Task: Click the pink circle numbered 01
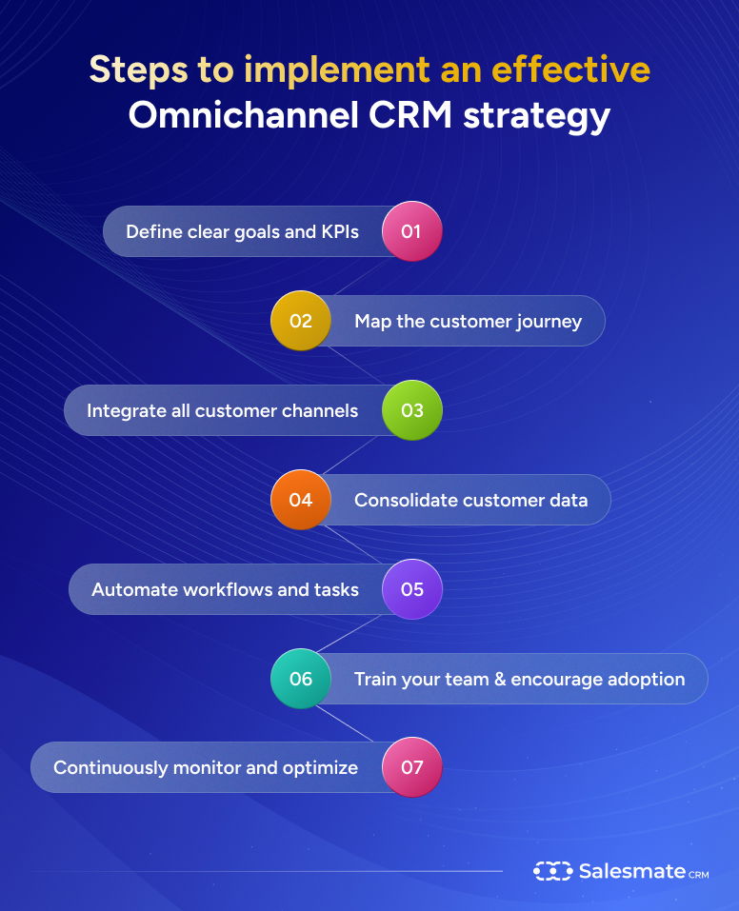(411, 231)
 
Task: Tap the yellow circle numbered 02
(301, 321)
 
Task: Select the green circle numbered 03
(411, 410)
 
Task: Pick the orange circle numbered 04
(301, 500)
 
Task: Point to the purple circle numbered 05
(411, 589)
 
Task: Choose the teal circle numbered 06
(301, 679)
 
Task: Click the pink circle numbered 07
(411, 767)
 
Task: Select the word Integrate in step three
(121, 410)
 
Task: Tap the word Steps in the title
(139, 69)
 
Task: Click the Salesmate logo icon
(552, 871)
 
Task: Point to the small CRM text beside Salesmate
(697, 874)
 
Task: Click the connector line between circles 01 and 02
(356, 276)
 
